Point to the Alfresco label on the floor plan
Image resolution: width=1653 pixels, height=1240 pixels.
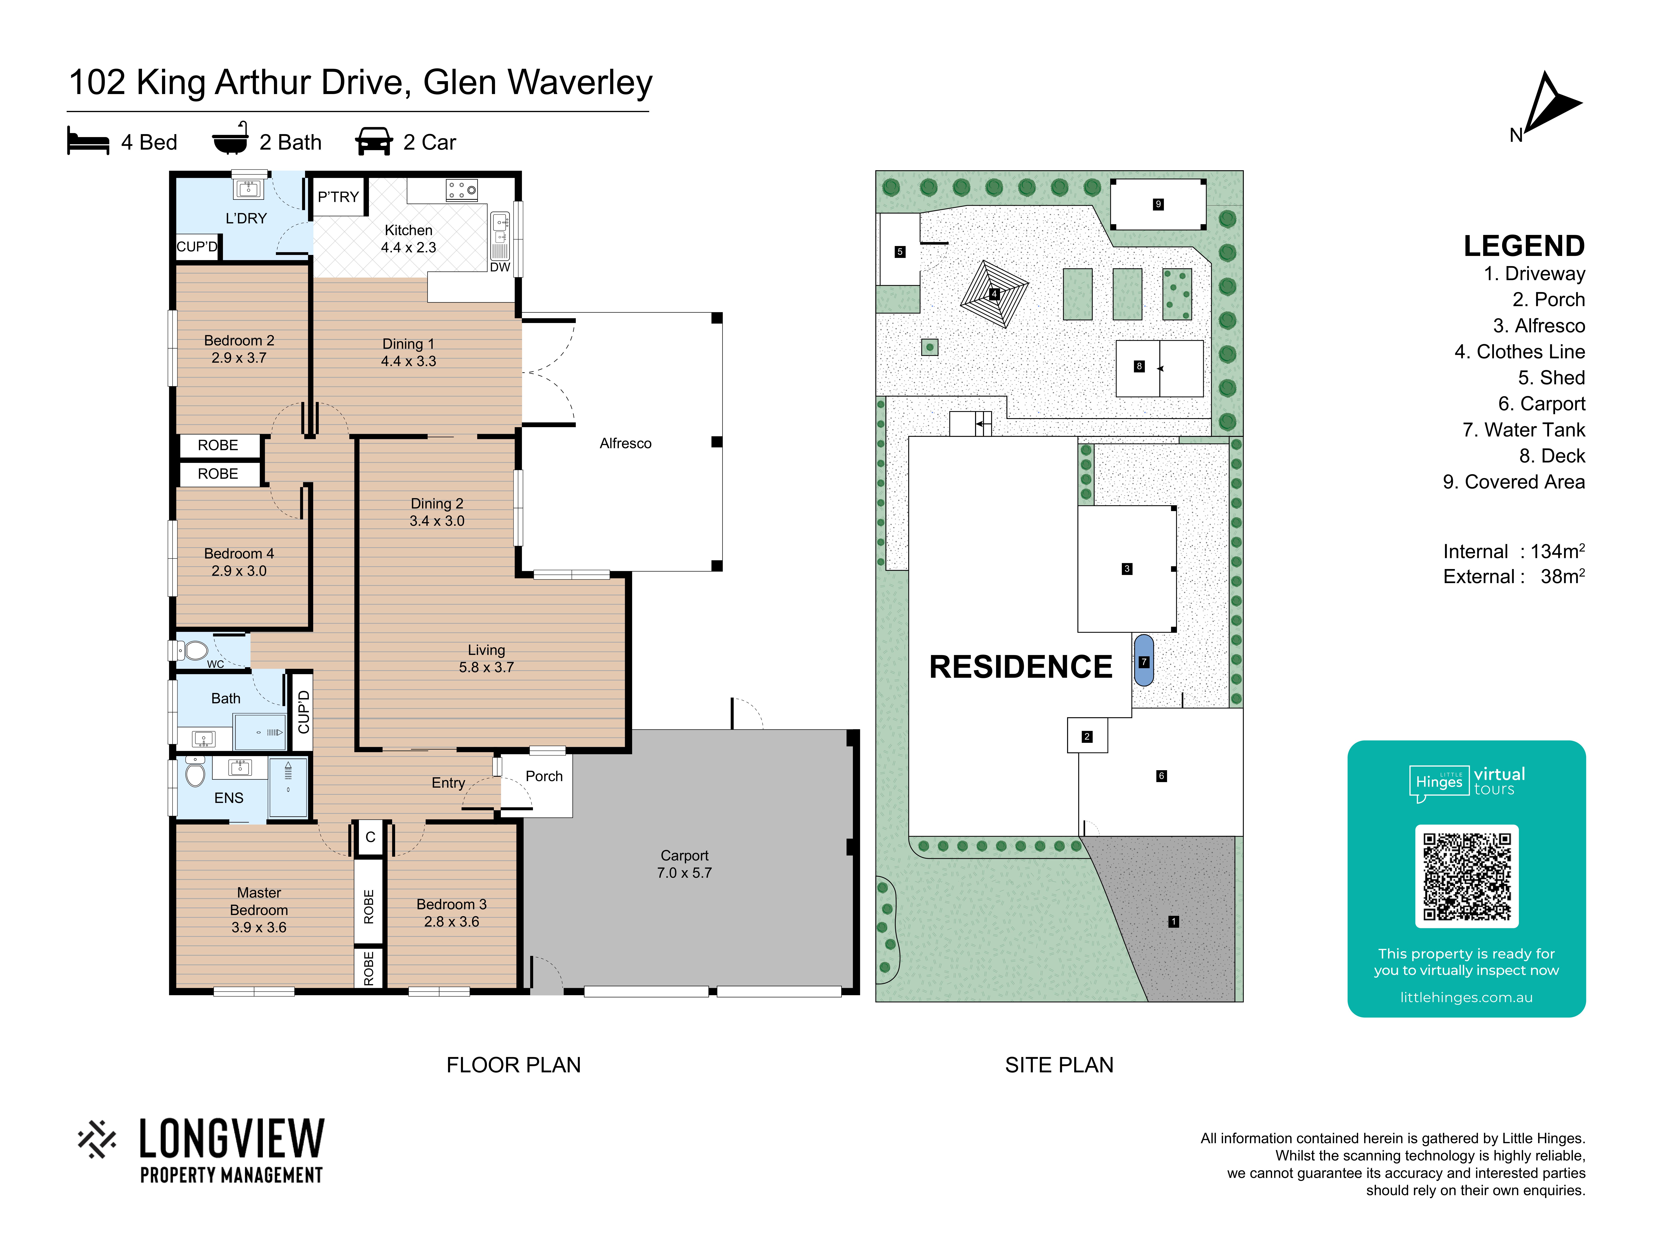tap(626, 443)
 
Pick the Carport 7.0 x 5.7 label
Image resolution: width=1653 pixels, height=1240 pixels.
tap(684, 864)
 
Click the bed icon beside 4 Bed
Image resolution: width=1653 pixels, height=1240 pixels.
tap(88, 141)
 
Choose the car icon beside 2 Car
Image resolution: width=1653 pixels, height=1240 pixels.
tap(374, 141)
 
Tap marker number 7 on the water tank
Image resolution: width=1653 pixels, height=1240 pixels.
tap(1143, 661)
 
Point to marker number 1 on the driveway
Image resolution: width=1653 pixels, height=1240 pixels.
tap(1173, 922)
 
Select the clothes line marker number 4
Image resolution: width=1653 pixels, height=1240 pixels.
tap(994, 294)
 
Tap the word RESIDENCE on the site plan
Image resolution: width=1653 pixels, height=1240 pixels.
tap(1021, 667)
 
